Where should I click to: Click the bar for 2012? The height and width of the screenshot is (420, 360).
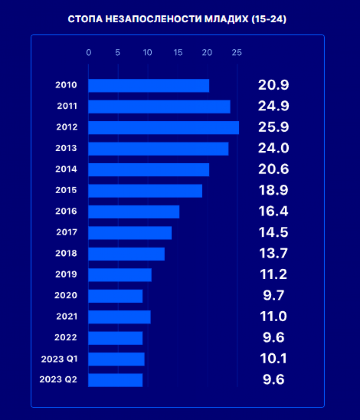163,128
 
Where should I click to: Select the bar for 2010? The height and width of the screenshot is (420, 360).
148,86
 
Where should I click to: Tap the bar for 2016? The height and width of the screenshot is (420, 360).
134,212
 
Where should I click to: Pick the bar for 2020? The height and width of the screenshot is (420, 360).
115,296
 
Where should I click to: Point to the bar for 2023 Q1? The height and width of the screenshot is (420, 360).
116,359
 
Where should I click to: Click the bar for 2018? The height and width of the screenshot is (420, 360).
126,254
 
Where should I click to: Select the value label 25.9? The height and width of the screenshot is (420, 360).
273,128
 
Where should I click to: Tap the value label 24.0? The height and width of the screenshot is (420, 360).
273,148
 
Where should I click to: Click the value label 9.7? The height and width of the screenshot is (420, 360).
274,296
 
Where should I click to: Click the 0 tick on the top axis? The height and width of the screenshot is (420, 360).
89,52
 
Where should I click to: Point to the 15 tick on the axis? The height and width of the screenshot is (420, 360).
178,52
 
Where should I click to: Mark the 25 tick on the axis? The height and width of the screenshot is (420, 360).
237,52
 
